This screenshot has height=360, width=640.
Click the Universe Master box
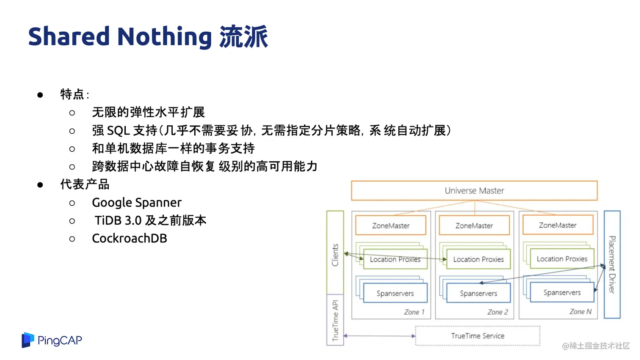[x=474, y=191]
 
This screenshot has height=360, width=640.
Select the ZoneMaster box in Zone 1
[x=391, y=225]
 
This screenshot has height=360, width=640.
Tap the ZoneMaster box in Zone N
[x=557, y=225]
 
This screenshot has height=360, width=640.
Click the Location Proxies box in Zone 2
[x=478, y=259]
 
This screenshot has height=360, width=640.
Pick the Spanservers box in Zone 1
[x=395, y=293]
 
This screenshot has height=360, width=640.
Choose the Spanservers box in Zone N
[x=562, y=292]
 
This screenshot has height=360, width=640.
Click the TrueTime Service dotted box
[x=477, y=336]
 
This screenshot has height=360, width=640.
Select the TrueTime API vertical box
[x=335, y=320]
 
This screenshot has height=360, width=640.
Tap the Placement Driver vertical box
[x=612, y=264]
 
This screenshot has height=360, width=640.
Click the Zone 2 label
[x=497, y=312]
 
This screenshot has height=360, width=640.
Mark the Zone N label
[x=580, y=312]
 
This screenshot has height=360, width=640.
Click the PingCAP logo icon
[x=28, y=340]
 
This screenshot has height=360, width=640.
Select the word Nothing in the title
[x=164, y=37]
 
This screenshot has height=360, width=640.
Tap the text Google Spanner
[x=137, y=203]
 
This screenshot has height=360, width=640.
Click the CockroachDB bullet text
[x=130, y=239]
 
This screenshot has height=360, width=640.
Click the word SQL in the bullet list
[x=119, y=131]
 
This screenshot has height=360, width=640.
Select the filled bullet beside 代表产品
[x=40, y=185]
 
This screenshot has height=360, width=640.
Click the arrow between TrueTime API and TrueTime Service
[x=379, y=336]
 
